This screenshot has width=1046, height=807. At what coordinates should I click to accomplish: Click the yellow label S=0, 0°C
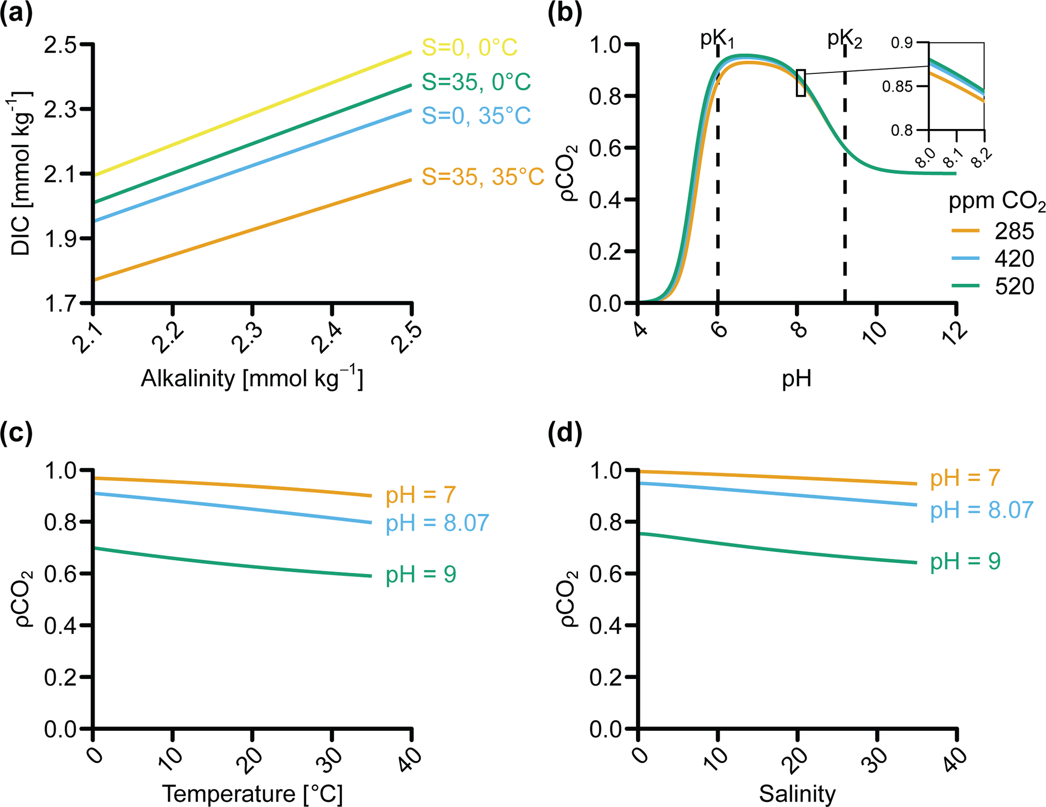click(469, 48)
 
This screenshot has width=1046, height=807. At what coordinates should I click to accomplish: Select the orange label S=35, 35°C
click(483, 177)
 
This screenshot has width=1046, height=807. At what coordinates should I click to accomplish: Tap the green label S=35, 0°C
click(476, 82)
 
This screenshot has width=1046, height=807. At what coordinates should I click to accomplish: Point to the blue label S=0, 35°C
click(476, 116)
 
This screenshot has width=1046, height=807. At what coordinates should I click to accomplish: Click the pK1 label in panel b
click(717, 38)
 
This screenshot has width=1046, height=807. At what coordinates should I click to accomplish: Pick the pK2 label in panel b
click(845, 39)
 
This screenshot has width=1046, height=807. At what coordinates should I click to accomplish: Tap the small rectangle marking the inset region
click(801, 83)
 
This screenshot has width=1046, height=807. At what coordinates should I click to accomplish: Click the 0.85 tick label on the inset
click(897, 86)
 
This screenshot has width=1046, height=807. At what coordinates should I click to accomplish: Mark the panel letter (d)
click(565, 434)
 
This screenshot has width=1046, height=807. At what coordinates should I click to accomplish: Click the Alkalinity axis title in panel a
click(252, 379)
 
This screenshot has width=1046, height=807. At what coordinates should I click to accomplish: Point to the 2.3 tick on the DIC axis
click(60, 110)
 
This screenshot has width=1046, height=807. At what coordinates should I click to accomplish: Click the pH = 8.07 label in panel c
click(437, 523)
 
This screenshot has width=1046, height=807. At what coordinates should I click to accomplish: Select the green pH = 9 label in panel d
click(965, 561)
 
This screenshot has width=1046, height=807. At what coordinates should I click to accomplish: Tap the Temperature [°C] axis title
click(252, 794)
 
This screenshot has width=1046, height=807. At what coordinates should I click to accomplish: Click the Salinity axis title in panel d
click(797, 794)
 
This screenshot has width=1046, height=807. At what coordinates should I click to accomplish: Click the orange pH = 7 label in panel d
click(965, 478)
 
